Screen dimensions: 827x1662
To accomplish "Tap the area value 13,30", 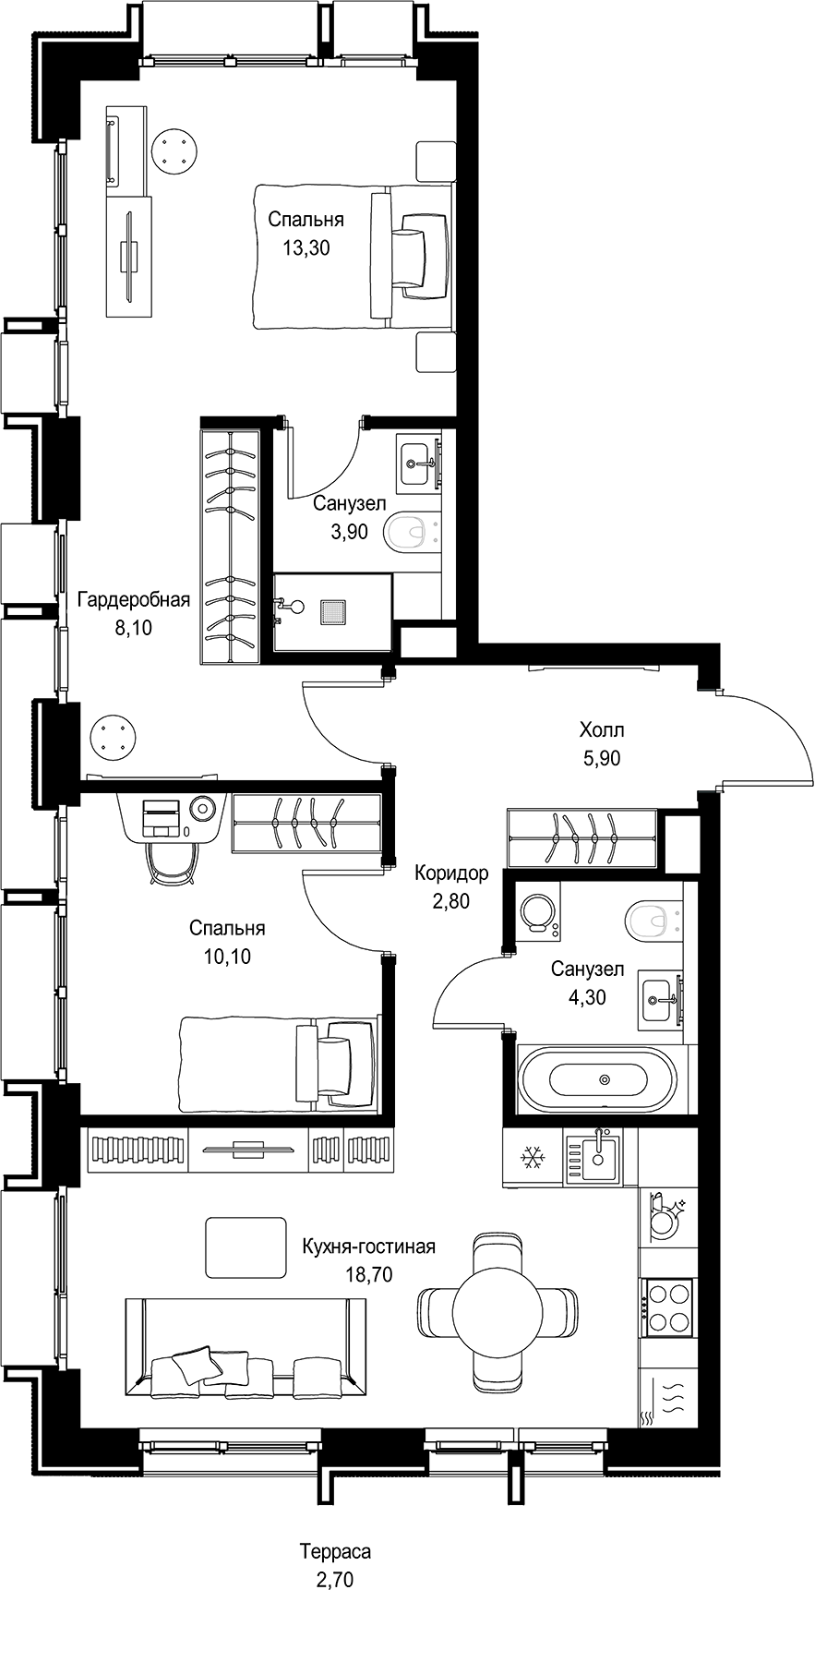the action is point(306,247).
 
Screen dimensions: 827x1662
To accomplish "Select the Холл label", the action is point(602,730).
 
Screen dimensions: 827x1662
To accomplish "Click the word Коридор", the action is point(451,873).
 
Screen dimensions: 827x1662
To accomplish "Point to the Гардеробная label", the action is point(134,600).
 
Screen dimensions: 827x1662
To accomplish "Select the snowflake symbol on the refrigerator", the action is point(532,1155).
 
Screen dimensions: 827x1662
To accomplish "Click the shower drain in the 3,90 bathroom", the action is point(332,611).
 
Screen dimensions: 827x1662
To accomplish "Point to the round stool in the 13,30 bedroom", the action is point(174,150).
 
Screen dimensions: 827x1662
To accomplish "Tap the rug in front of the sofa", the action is point(246,1244).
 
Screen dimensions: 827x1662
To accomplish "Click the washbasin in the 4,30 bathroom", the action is point(661,998).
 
